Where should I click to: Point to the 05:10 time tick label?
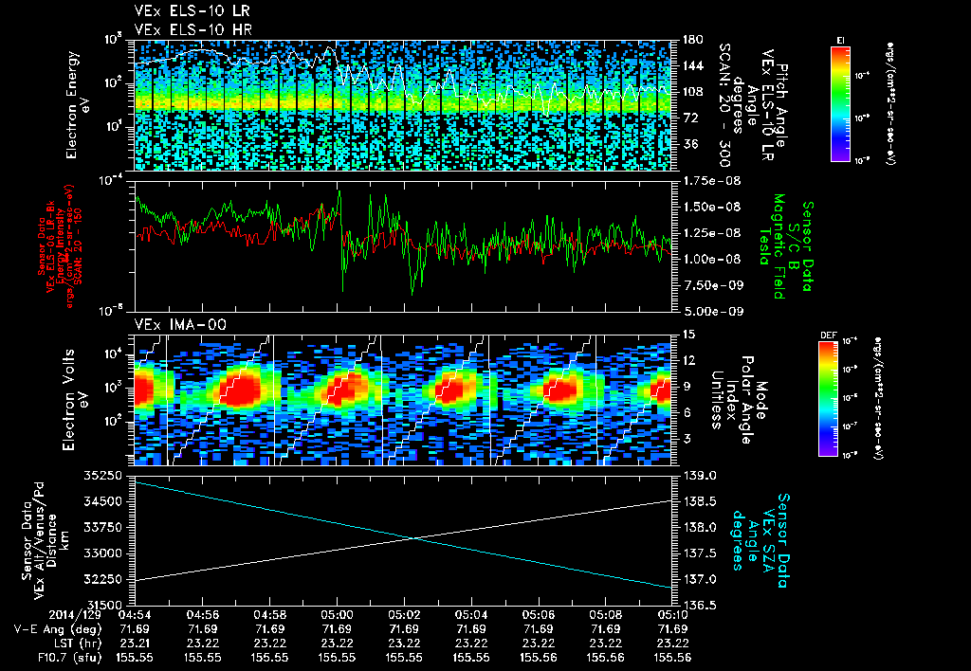pos(673,614)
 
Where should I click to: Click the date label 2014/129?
pos(36,614)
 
